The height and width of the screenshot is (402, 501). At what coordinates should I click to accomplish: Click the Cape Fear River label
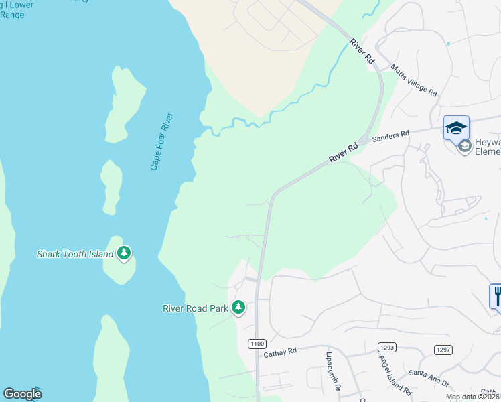coord(163,141)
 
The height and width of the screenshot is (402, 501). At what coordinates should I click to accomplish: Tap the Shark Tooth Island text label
coord(74,254)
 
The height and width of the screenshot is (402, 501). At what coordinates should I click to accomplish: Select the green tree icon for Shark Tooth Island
coord(123,253)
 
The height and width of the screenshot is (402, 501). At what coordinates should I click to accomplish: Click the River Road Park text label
coord(196,308)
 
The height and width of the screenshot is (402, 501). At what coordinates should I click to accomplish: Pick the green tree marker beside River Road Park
coord(238,308)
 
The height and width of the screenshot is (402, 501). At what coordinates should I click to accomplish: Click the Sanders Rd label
coord(390,135)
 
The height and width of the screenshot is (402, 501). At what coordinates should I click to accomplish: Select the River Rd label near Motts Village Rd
coord(361,51)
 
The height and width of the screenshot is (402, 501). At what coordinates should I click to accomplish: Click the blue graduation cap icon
coord(456,127)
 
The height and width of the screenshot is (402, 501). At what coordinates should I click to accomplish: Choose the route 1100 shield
coord(256,344)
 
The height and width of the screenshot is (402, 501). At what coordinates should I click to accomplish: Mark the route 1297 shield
coord(443,349)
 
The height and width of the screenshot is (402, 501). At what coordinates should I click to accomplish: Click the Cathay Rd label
coord(280,352)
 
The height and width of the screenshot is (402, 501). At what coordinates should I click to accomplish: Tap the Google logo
coord(22,394)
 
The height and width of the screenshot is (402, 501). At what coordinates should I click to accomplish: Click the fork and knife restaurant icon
coord(496,295)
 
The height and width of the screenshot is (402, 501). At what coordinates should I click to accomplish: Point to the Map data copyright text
coord(472,397)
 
